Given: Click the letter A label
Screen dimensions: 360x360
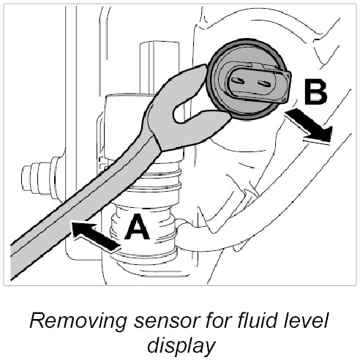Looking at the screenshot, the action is [x=137, y=227].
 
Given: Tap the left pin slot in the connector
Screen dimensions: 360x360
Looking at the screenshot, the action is [x=237, y=80].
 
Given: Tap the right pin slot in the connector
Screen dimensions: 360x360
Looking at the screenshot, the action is [x=264, y=83].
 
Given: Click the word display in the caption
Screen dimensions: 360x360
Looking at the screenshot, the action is [x=181, y=346].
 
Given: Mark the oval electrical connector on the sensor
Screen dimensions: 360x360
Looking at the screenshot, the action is [x=258, y=82].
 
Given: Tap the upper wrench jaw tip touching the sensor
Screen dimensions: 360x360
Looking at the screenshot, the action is [x=204, y=67].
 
